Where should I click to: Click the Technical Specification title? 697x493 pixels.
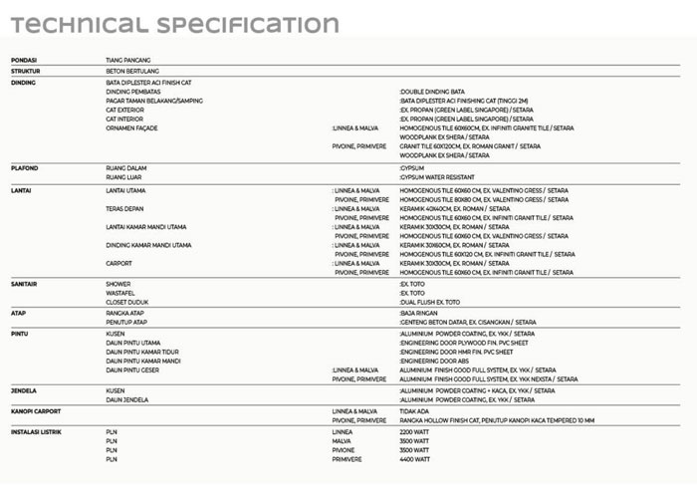coord(175,25)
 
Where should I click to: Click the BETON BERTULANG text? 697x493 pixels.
coord(131,71)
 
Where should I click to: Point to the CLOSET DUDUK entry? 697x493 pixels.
coord(126,302)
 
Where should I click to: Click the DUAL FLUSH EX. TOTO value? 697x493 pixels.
coord(430,302)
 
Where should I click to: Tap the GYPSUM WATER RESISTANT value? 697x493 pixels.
coord(437,177)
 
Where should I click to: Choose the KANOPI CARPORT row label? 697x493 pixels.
coord(36,410)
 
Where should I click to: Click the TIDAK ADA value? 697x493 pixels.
coord(415,410)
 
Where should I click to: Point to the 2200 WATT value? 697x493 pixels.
coord(414,432)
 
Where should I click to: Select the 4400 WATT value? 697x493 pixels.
coord(414,459)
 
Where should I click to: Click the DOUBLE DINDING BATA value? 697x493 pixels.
coord(432,92)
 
